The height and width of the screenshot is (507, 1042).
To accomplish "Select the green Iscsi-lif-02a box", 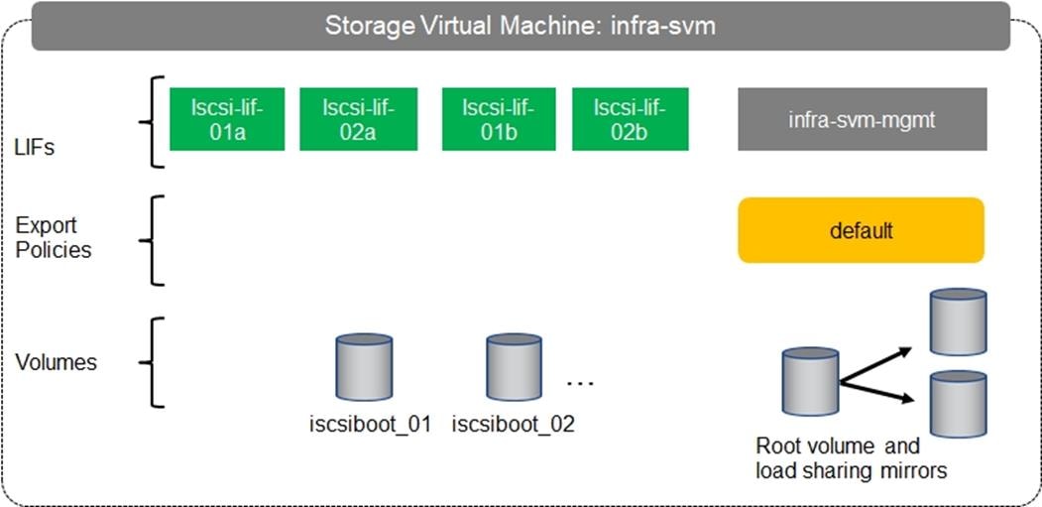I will pos(358,119).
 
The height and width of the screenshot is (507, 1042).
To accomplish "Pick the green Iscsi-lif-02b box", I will pos(631,119).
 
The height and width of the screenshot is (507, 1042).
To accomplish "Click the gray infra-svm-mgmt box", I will pos(862,119).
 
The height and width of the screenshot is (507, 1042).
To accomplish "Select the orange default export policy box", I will pos(861,230).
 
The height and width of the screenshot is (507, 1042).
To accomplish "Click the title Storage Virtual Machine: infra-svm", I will pos(521,25).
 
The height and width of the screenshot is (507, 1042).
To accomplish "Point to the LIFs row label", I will pos(35,149).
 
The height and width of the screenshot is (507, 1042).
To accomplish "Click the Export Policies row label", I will pos(54,238).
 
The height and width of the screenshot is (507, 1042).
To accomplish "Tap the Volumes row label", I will pos(57,362).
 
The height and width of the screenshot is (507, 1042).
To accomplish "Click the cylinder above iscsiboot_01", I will pos(364,367).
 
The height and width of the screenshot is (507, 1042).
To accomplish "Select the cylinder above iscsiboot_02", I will pos(514,367).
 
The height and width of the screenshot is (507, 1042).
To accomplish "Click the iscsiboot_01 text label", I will pos(370,425).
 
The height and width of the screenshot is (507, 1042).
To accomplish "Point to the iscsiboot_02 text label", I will pos(514,425).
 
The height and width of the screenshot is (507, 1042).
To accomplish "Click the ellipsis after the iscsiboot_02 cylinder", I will pos(579,380).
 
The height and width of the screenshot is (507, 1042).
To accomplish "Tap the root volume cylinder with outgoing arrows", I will pos(810,382).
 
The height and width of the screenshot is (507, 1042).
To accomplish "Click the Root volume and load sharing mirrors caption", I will pos(851,457).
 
